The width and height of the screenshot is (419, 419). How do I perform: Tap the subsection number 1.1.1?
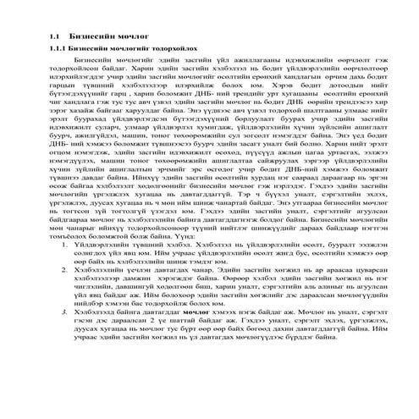click(57, 51)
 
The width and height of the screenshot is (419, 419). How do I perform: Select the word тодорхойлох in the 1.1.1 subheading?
click(168, 51)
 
